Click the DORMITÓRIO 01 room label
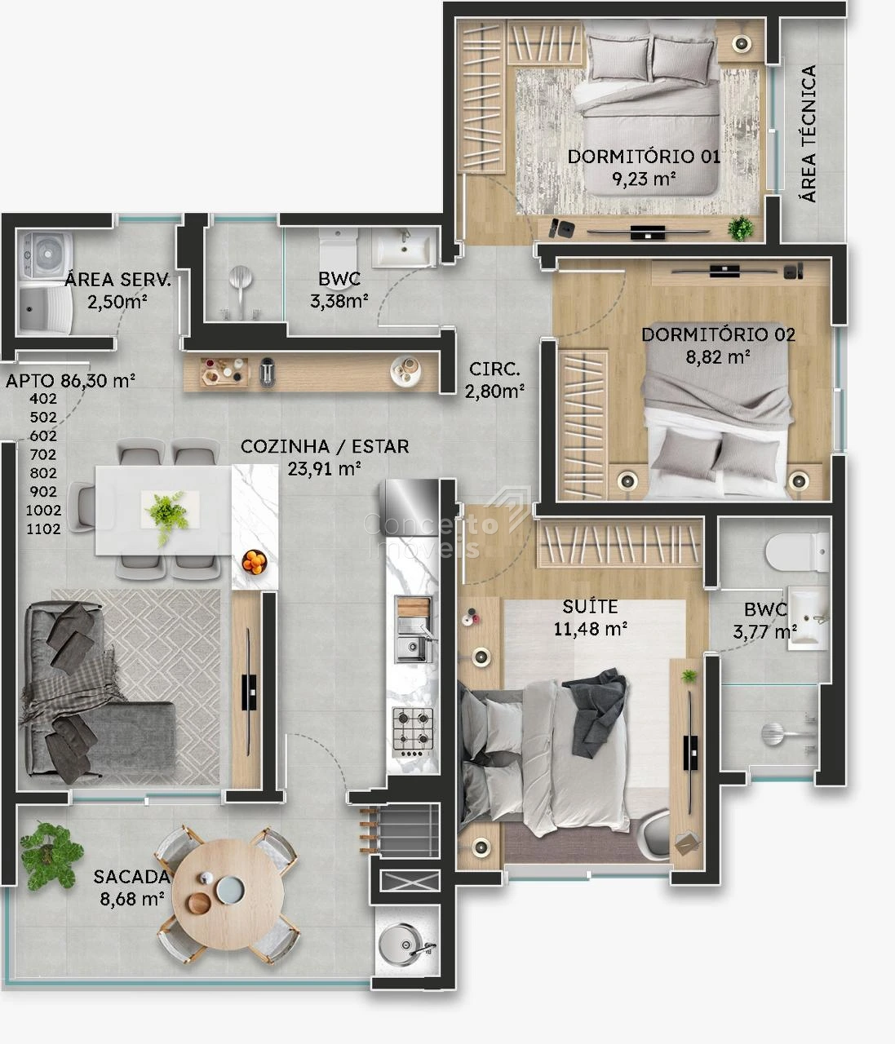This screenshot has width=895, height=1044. point(644,157)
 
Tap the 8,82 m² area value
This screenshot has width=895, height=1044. point(718,357)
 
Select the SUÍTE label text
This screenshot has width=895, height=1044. point(590,606)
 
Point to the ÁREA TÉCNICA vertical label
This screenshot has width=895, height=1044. point(809,133)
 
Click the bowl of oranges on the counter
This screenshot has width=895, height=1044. point(255,562)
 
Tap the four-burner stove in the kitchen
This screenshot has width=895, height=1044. point(413,732)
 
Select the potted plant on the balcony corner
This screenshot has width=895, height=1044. point(51,856)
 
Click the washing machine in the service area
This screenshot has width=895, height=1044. point(46,254)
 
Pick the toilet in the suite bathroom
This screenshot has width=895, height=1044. point(797,552)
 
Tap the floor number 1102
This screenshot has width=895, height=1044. point(43,529)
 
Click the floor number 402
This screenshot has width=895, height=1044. point(43,399)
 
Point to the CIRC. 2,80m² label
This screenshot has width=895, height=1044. point(494,380)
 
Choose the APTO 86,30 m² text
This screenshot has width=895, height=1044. point(70,380)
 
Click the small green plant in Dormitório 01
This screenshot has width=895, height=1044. point(741,228)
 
